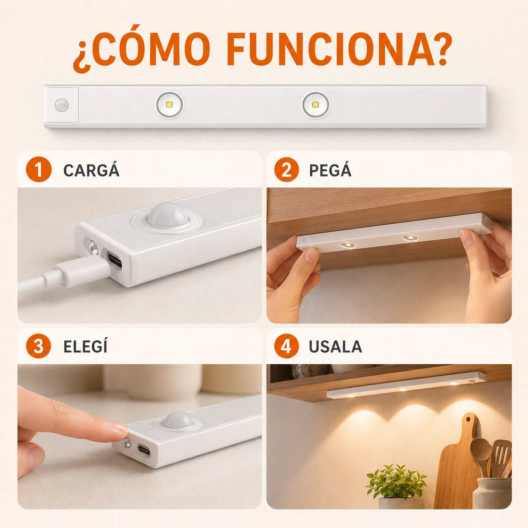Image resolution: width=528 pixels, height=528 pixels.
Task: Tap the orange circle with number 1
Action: tap(39, 170)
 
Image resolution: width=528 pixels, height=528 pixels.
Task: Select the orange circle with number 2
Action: tap(287, 170)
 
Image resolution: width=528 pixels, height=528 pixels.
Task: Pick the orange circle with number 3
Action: tap(39, 346)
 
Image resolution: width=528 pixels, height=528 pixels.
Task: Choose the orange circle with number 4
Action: tap(287, 346)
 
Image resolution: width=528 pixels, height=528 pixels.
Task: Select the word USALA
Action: tap(336, 347)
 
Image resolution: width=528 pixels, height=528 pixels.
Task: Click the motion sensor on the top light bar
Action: tap(61, 105)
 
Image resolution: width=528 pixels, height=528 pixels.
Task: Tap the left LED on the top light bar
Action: tap(170, 105)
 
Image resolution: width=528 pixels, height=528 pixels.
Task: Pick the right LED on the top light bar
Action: tap(316, 105)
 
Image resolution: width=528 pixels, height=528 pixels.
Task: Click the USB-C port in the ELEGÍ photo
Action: tap(144, 449)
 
